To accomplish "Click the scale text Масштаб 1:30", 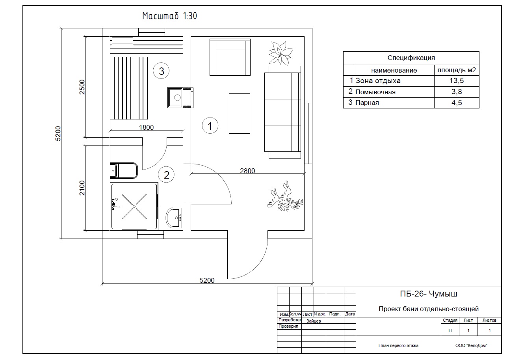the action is (169, 16).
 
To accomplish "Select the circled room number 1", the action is (210, 125).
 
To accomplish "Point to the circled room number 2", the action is (166, 175).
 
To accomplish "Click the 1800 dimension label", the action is (146, 127).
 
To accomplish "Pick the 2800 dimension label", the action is (247, 171).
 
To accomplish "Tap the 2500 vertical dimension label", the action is (82, 87).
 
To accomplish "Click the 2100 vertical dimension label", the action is (82, 188).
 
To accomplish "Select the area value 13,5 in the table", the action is (457, 80).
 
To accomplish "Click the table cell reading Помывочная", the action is (375, 92).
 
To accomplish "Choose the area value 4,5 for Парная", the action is (457, 103).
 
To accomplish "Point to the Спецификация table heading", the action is (411, 58).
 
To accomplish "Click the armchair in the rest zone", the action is (230, 57).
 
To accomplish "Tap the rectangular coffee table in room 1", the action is (240, 114).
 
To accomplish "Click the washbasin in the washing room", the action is (174, 218).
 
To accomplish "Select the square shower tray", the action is (134, 206).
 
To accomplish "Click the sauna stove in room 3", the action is (175, 97).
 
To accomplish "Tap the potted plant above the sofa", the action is (281, 54).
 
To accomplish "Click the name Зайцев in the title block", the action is (314, 321).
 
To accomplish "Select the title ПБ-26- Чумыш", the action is (429, 294).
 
